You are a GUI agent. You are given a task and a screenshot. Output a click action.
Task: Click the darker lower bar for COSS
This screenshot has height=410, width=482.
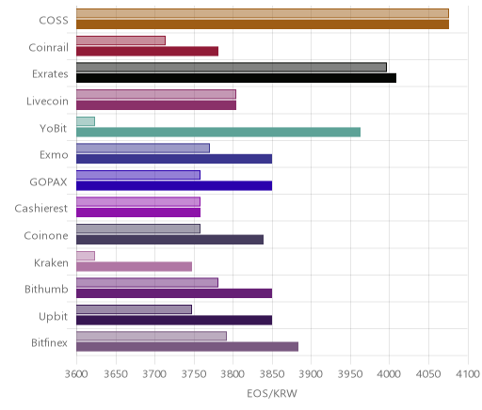263,24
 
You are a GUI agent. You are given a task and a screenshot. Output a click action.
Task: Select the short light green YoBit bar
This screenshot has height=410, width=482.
86,121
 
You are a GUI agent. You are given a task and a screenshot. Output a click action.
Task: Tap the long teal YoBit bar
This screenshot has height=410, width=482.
218,133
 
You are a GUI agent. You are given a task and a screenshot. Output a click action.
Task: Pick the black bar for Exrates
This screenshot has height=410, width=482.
236,78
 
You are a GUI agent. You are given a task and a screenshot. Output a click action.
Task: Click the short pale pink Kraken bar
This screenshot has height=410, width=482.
86,256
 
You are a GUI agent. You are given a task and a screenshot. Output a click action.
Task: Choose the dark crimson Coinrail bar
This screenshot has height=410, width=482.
147,52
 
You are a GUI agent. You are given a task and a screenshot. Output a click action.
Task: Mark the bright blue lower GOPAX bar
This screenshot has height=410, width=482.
174,186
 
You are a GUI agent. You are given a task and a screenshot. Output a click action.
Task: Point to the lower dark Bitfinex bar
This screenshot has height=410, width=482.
187,347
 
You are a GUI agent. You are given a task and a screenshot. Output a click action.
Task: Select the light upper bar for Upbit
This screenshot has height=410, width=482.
134,309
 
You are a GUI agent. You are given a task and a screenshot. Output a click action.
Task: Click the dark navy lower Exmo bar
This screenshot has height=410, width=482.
174,159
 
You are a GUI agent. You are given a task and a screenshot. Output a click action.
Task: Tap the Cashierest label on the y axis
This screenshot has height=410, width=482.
41,209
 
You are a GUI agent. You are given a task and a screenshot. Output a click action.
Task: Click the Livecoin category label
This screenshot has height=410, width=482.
47,102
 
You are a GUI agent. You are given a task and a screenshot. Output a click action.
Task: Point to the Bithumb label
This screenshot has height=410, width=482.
46,289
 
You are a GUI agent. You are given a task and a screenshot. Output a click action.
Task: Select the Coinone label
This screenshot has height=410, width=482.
46,235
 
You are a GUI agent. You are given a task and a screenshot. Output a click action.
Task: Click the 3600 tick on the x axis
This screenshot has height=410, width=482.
76,374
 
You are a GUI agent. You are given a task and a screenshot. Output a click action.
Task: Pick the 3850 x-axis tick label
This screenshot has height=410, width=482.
272,374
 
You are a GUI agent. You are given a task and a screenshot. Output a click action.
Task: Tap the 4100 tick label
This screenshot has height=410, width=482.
468,374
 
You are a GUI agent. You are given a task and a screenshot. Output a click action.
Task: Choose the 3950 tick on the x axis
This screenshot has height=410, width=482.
350,374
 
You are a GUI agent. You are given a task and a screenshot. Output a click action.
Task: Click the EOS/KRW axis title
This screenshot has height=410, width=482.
272,393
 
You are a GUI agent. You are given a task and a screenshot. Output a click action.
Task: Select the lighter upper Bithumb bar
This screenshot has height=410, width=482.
147,282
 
